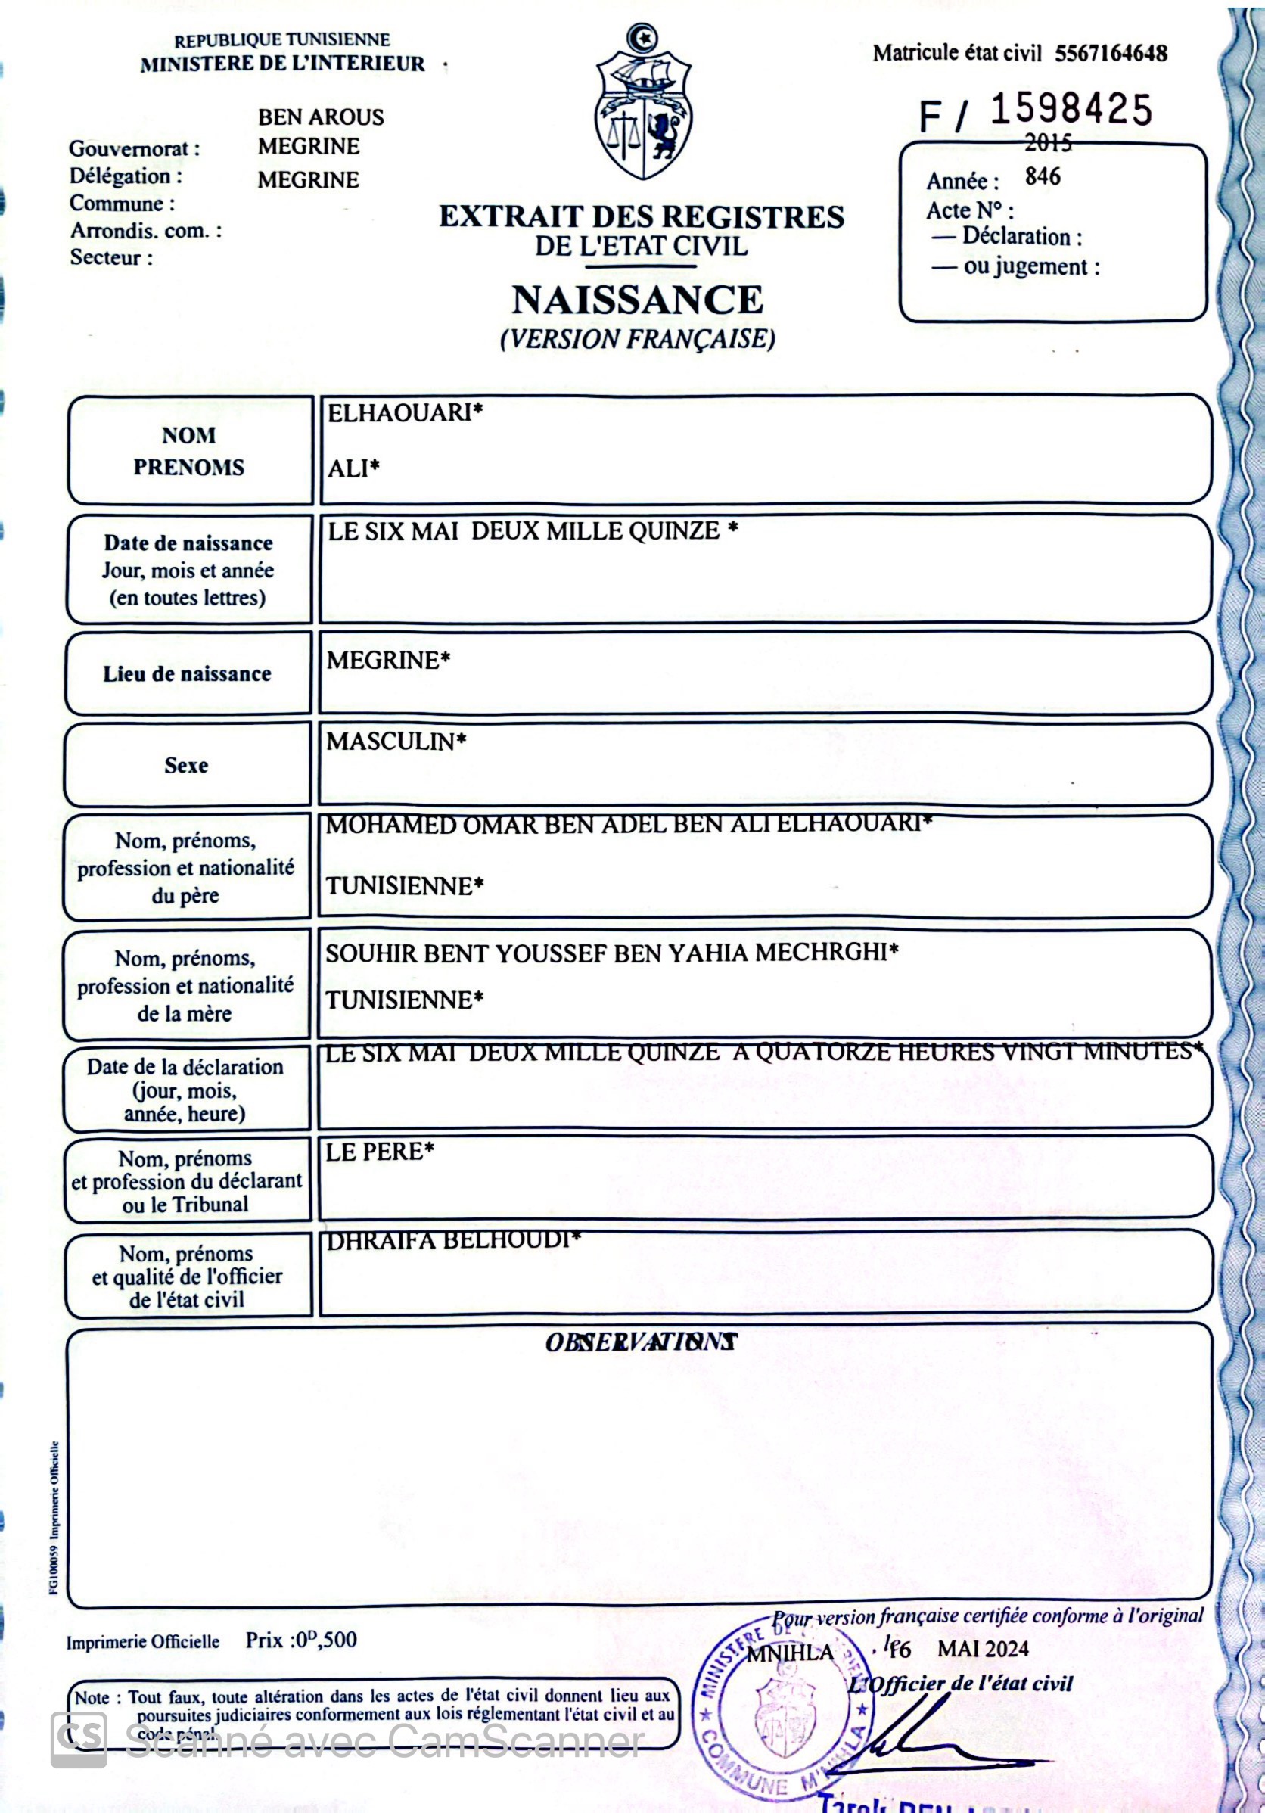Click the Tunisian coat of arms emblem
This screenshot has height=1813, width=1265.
coord(643,104)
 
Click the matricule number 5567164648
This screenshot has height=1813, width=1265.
coord(1110,54)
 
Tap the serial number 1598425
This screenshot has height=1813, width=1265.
coord(1071,110)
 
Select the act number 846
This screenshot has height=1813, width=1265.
coord(1043,176)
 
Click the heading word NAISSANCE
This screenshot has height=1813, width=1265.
coord(637,300)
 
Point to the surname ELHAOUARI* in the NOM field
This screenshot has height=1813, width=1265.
coord(404,413)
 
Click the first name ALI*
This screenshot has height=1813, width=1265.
coord(353,469)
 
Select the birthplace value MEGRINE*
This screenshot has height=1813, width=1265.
coord(387,660)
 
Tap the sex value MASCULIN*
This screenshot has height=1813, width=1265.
coord(396,742)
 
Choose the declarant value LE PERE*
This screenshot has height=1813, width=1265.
coord(379,1152)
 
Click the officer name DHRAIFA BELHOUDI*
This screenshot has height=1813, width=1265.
coord(453,1240)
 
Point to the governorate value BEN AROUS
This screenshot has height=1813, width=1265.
coord(321,117)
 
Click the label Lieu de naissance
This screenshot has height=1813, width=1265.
coord(187,674)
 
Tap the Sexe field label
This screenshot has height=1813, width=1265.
coord(186,765)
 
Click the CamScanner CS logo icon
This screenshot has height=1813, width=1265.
coord(79,1740)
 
